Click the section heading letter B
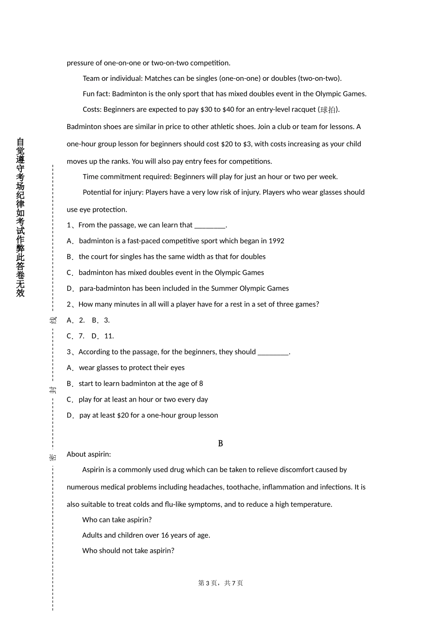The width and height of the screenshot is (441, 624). click(220, 443)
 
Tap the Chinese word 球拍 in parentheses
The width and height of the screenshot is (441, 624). click(328, 110)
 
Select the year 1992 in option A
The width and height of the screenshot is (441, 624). click(276, 241)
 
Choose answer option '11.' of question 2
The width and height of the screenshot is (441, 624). click(109, 336)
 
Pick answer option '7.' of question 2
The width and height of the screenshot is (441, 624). click(81, 336)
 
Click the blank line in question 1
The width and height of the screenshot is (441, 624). click(210, 226)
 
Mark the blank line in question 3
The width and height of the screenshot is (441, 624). click(273, 352)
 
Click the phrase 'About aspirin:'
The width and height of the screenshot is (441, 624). click(89, 454)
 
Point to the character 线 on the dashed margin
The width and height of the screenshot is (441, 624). click(53, 320)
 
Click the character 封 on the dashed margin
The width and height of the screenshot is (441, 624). click(53, 389)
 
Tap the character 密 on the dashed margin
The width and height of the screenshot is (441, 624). click(53, 457)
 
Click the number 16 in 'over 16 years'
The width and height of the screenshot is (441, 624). click(165, 535)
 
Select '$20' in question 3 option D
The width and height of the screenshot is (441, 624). click(123, 416)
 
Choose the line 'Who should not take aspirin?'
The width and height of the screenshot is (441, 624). click(128, 551)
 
